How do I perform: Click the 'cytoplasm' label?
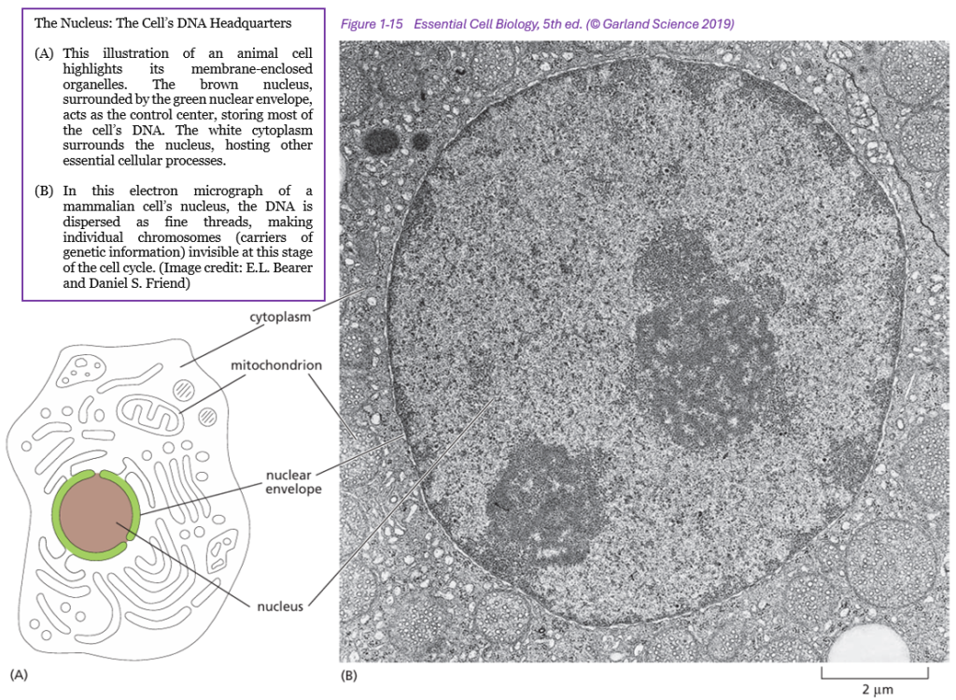(x=280, y=317)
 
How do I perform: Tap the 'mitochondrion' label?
(x=276, y=364)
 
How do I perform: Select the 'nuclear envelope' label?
(x=293, y=481)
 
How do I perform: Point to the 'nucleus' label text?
(x=280, y=606)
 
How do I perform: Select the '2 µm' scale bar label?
(x=878, y=690)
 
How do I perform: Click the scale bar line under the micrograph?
(x=875, y=677)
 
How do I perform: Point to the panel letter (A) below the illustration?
(x=19, y=675)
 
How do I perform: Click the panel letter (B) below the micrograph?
(x=348, y=676)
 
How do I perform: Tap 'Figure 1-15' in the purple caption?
(x=372, y=23)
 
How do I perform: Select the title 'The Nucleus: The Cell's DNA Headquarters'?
(x=162, y=23)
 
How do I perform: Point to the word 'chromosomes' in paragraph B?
(x=179, y=236)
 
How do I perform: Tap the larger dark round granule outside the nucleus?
(x=382, y=141)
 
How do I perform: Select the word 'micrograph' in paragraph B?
(x=228, y=191)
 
